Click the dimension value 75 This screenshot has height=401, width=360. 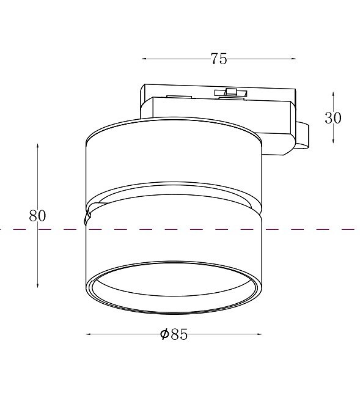(219, 59)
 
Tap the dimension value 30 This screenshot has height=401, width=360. (333, 118)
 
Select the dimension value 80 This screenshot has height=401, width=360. (37, 216)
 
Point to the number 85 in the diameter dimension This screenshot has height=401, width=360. (179, 334)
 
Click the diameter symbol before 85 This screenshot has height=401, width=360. (164, 334)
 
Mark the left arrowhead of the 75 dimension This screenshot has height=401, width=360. (144, 59)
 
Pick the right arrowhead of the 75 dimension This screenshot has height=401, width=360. (293, 59)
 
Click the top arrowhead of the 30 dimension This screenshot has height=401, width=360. (333, 94)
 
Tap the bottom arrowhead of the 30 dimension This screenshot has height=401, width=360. (333, 141)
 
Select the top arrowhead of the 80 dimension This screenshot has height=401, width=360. (37, 146)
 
